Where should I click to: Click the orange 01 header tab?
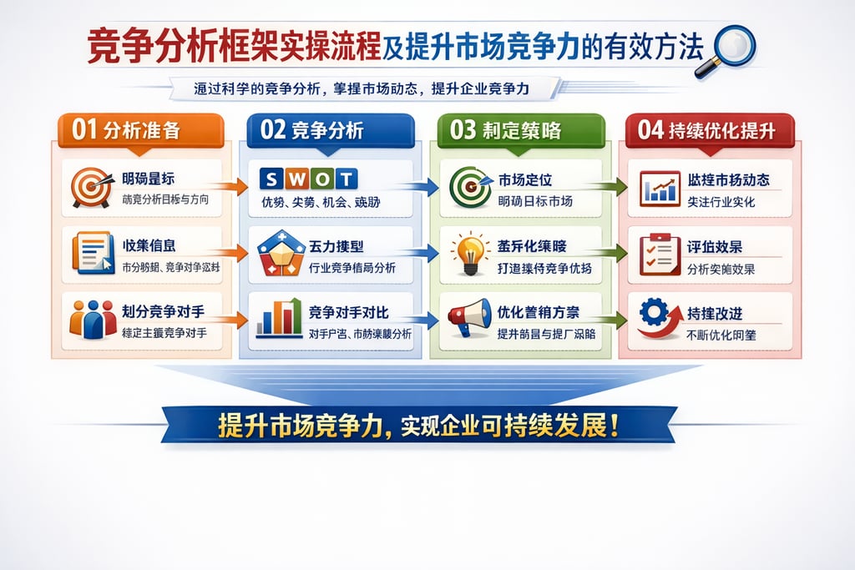(x=139, y=130)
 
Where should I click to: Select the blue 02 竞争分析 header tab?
(x=330, y=130)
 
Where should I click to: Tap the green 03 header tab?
(x=519, y=130)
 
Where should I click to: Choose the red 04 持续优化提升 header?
(x=709, y=130)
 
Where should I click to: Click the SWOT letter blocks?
(x=308, y=178)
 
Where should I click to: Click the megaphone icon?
(x=468, y=318)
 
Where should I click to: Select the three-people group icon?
(x=93, y=319)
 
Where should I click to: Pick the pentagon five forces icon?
(x=281, y=254)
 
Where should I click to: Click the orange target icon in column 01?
(x=91, y=187)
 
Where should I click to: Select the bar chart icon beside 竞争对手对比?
(x=280, y=318)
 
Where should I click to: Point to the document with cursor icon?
(x=92, y=253)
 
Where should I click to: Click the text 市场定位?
(x=525, y=179)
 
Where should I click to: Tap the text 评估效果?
(x=715, y=247)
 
